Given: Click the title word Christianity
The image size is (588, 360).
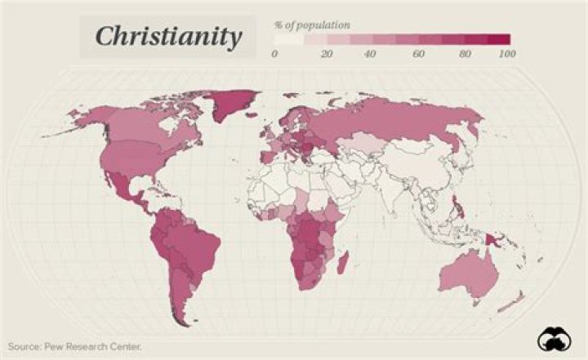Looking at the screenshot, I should pos(168,37).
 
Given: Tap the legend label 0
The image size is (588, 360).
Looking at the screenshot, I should pos(275,54).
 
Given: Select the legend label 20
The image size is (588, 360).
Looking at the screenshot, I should pos(327,54).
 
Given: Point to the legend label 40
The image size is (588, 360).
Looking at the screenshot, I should pos(370,54).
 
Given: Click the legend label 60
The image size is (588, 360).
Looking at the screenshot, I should pos(418,54).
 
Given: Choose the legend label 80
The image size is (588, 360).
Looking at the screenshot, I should pos(465,54).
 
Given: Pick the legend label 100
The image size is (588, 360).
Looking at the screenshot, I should pos(506,54).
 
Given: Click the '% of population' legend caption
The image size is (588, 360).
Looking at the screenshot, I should pos(313,24).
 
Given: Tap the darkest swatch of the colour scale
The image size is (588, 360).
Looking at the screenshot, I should pos(499,38).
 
